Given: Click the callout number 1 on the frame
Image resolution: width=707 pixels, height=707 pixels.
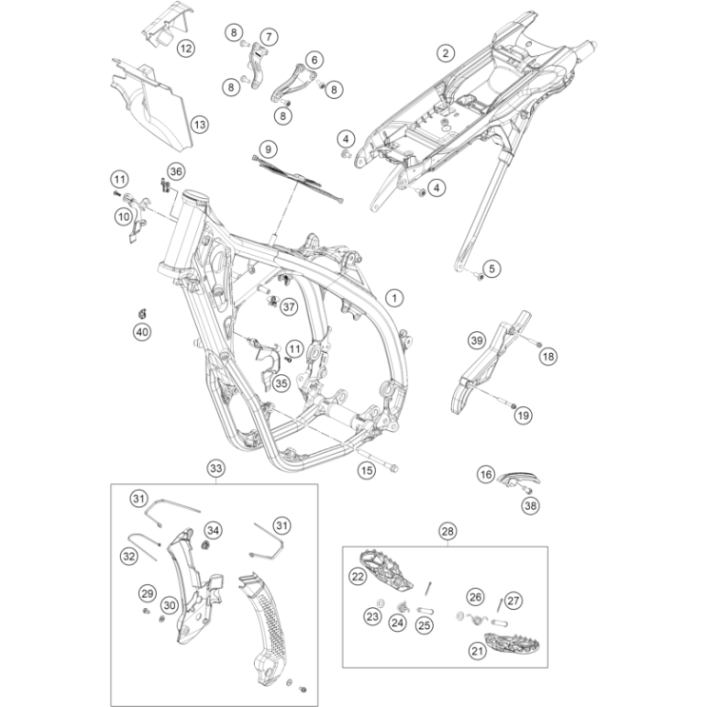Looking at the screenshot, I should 393,298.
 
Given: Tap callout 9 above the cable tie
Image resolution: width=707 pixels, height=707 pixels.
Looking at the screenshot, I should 268,149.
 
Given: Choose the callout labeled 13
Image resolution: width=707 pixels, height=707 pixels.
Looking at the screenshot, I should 198,125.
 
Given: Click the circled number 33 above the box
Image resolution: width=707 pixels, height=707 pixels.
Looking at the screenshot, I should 216,469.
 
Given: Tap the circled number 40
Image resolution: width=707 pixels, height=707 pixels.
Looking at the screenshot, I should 142,331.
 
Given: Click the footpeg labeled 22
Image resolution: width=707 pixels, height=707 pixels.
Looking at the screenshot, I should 385,570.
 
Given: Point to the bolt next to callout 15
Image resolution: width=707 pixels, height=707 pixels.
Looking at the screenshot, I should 391,467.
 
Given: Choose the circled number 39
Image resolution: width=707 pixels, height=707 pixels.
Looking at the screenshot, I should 477,341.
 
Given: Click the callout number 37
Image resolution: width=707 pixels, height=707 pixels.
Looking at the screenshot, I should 288,306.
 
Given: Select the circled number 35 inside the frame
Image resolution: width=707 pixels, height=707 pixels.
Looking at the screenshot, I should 280,383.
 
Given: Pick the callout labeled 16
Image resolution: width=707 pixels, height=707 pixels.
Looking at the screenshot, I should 486,475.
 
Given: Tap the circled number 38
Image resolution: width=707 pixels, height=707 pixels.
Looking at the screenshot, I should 530,506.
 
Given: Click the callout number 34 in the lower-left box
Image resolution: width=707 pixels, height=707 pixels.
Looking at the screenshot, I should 213,530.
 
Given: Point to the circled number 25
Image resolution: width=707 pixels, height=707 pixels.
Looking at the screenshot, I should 424,625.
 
